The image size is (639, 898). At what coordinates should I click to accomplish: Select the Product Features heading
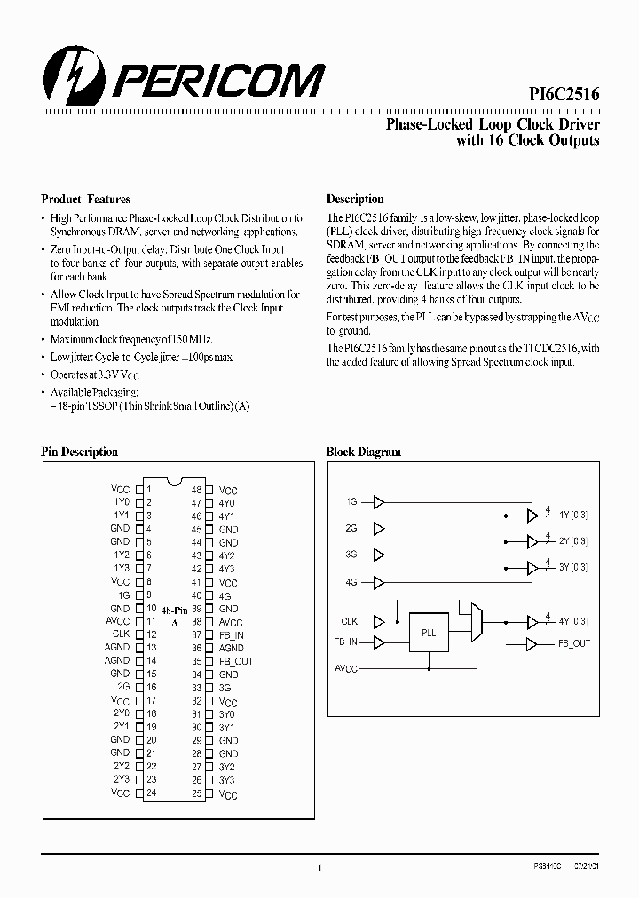pos(86,200)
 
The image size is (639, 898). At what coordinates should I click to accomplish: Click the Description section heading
pos(355,200)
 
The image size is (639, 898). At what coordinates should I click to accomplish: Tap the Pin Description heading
pos(80,452)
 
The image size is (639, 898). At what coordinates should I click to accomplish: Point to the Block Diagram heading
pos(364,452)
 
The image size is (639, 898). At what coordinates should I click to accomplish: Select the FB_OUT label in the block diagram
pos(574,643)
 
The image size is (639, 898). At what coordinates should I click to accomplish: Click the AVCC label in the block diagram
pos(346,668)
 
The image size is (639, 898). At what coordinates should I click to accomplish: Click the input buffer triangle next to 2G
pos(380,529)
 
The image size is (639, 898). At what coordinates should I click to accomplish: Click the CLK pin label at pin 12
pos(121,634)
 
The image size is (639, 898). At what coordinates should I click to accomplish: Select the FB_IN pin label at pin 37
pos(231,635)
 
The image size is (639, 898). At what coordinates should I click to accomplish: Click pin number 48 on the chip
pos(197,490)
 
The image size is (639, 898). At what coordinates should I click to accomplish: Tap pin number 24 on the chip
pos(152,793)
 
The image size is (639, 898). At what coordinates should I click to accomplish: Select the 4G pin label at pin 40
pos(225,596)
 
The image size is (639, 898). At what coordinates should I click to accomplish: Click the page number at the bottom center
pos(319,870)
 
